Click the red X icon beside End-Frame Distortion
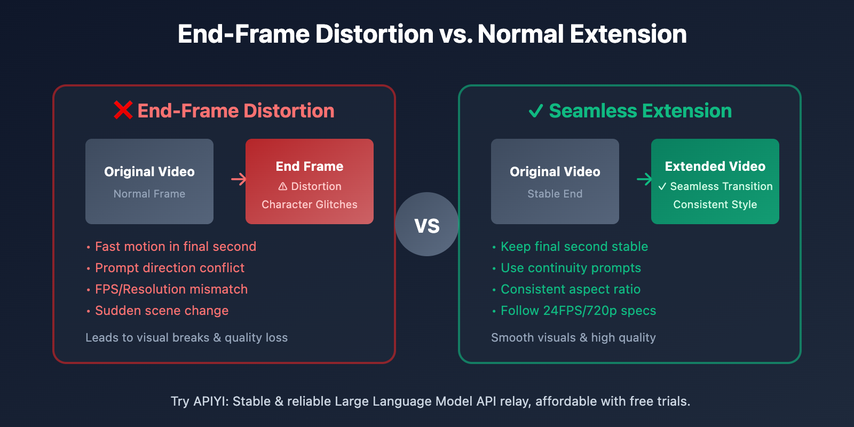(x=123, y=110)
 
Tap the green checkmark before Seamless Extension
(x=536, y=111)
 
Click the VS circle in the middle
(x=427, y=224)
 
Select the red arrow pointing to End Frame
(x=239, y=179)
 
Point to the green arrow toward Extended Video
(x=645, y=179)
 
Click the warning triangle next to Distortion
(x=282, y=186)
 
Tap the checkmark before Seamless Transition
(x=662, y=186)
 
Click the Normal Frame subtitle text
(x=149, y=194)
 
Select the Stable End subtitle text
(x=555, y=194)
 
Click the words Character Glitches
(x=310, y=205)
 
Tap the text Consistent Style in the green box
(x=715, y=205)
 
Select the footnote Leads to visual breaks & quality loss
(x=186, y=338)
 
